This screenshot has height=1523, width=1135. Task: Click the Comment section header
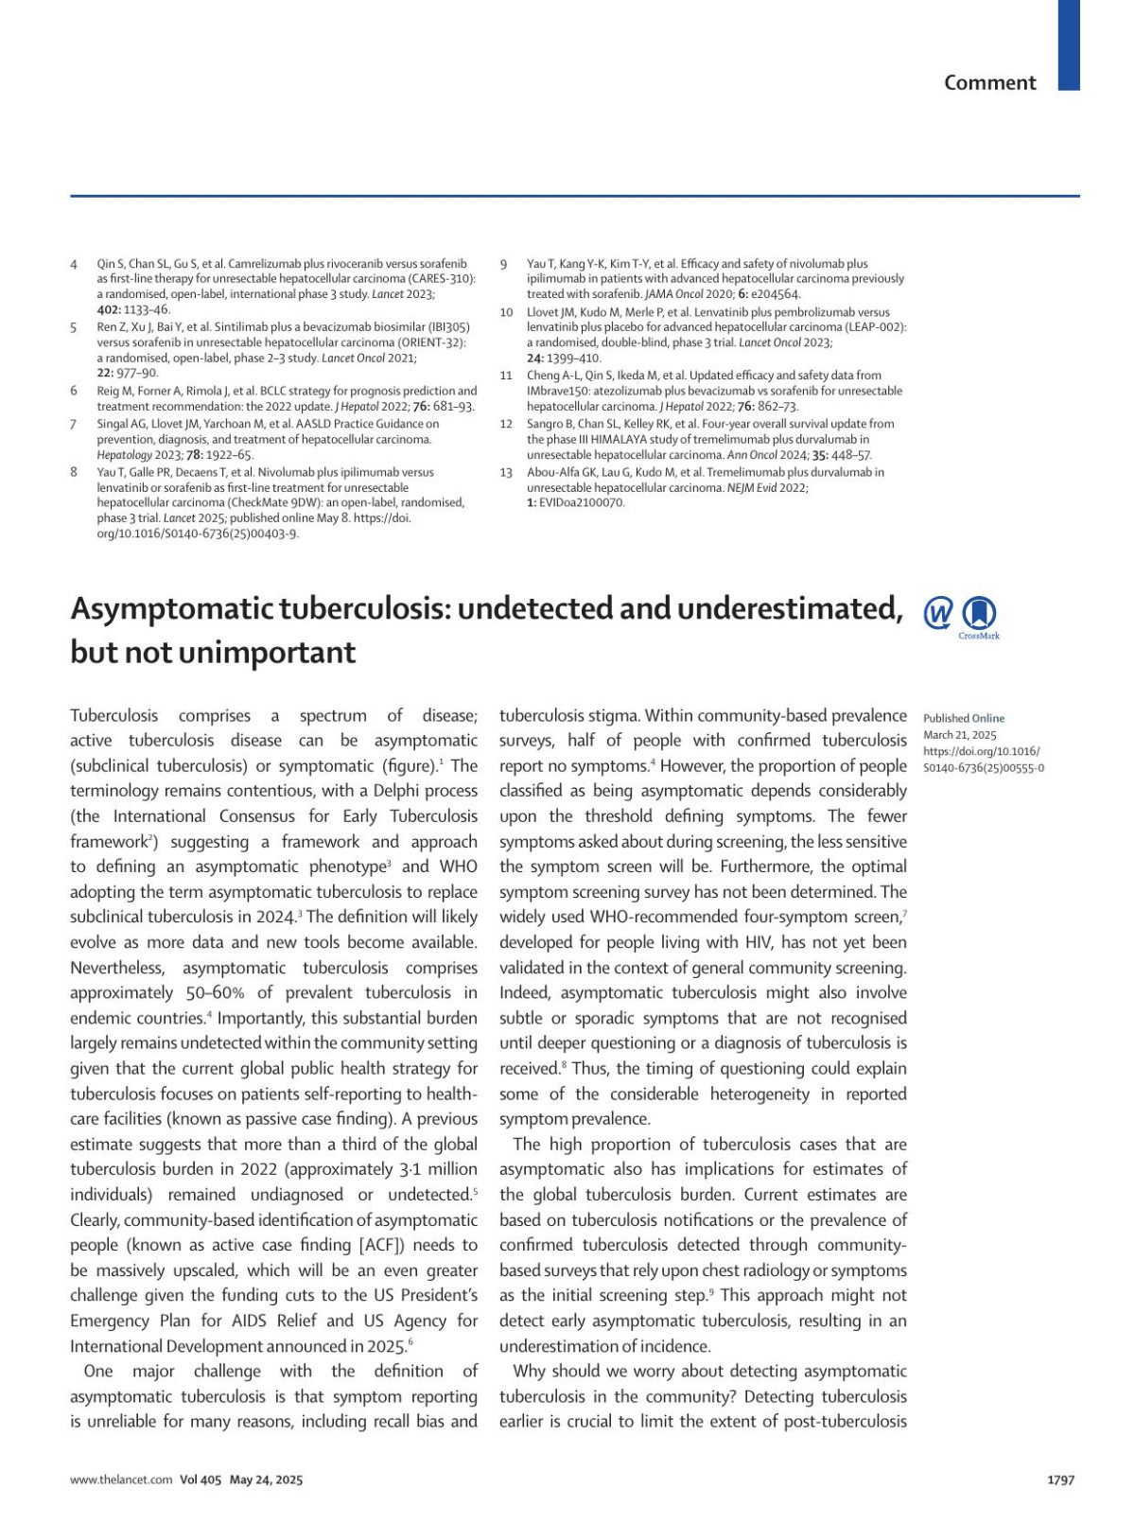click(x=989, y=83)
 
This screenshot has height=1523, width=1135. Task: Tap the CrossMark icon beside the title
click(x=979, y=614)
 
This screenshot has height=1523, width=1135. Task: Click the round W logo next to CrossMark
click(x=937, y=613)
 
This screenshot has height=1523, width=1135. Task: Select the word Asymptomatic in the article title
click(x=171, y=609)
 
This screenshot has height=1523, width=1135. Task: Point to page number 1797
click(x=1060, y=1479)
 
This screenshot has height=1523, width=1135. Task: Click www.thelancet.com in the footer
click(x=121, y=1479)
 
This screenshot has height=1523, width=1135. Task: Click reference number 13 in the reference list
click(x=506, y=472)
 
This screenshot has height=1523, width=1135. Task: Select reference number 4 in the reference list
click(x=74, y=264)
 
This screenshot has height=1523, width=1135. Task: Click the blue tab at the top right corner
click(x=1068, y=44)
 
